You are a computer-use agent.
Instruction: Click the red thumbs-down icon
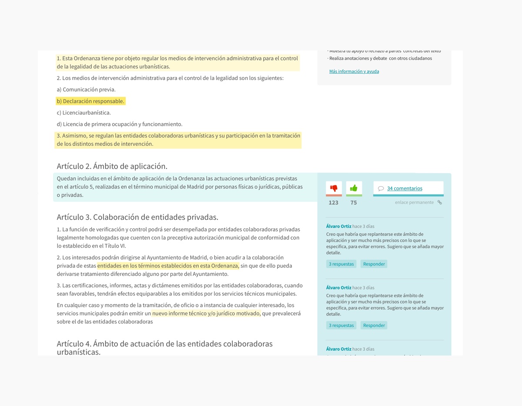pos(334,188)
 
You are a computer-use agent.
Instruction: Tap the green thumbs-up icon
pos(354,188)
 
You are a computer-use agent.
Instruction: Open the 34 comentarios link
pos(405,188)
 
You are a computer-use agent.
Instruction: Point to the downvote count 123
pos(333,203)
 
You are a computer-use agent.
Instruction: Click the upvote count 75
pos(354,203)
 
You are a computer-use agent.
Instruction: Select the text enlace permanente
pos(414,202)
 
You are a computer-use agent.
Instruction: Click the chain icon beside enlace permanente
pos(440,202)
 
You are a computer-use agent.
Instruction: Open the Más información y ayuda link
pos(354,71)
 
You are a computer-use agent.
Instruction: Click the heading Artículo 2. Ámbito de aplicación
pos(112,166)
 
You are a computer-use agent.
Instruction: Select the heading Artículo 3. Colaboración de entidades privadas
pos(137,217)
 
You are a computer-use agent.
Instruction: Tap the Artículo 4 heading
pos(164,347)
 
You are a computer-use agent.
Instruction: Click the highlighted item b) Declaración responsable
pos(90,101)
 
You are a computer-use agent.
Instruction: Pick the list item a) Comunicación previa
pos(86,90)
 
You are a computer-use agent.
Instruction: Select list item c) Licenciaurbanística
pos(84,113)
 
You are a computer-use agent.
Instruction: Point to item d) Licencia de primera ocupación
pos(120,124)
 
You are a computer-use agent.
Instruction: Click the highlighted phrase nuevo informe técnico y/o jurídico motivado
pos(206,313)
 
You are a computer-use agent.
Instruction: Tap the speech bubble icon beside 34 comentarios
pos(381,188)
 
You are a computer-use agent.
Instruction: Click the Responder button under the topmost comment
pos(374,264)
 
